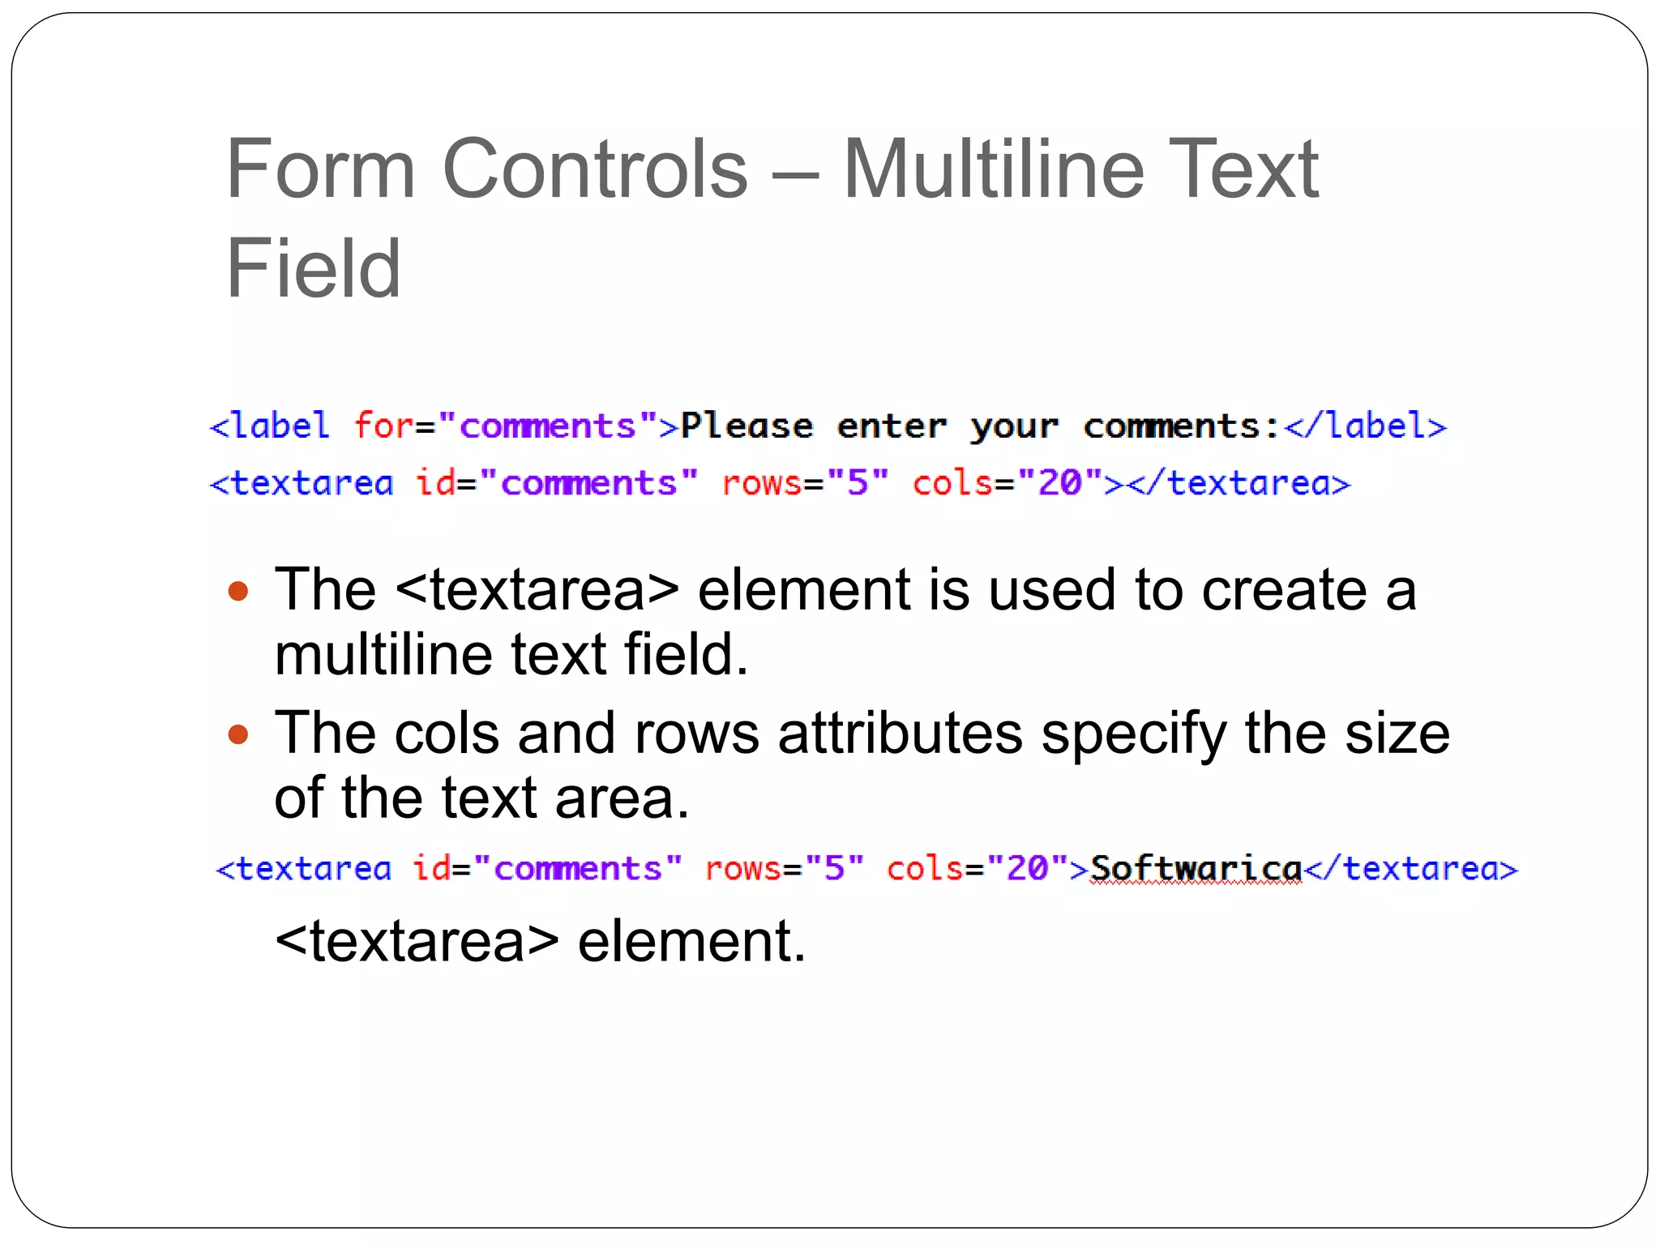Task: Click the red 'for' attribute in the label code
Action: click(383, 426)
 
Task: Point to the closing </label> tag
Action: click(1365, 426)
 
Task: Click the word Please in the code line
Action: click(747, 426)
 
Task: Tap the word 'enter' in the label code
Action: click(891, 426)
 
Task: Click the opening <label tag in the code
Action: click(270, 426)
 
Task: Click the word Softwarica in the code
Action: click(1196, 869)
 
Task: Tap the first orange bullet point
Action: click(237, 591)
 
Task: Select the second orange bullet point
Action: click(237, 734)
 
